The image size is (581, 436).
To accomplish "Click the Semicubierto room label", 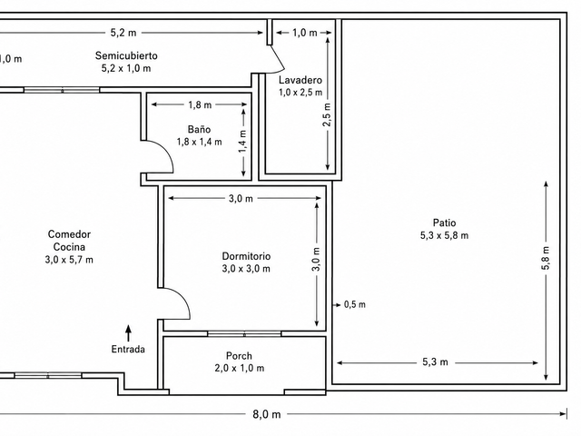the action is click(126, 55).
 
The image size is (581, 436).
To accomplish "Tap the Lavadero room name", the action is click(300, 80).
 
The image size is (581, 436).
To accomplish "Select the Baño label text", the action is click(200, 129).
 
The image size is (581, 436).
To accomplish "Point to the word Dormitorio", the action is click(246, 256).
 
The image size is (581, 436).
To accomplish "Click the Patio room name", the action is click(444, 223).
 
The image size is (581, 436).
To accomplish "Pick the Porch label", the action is click(239, 356).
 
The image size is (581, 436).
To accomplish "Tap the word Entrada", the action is click(128, 349).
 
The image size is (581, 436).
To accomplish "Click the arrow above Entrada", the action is click(128, 333).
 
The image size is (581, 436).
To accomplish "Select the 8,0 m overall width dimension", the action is click(267, 414).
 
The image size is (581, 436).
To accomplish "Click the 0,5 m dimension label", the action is click(355, 305).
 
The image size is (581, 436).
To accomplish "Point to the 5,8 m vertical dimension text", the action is click(547, 258).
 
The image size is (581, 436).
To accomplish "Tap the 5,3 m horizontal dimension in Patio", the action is click(435, 362).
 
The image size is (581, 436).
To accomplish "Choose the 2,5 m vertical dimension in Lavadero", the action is click(327, 114).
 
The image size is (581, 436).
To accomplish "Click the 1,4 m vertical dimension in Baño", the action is click(242, 141).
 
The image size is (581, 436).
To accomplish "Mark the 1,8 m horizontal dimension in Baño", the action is click(200, 105).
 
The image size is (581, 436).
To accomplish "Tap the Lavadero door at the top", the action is click(278, 58).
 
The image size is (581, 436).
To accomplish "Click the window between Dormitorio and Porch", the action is click(244, 333).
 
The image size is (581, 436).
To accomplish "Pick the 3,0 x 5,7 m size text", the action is click(69, 260).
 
